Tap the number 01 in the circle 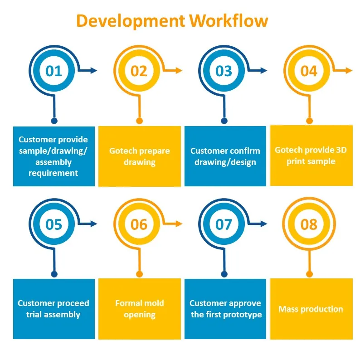tap(54, 71)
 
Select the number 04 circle tap(309, 71)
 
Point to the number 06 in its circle tap(139, 224)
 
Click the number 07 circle tap(224, 224)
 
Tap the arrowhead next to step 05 tap(94, 224)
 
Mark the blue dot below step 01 tap(54, 121)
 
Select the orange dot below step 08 tap(309, 274)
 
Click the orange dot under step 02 tap(140, 121)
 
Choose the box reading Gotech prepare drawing tap(139, 156)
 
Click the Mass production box tap(311, 309)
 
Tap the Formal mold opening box tap(139, 309)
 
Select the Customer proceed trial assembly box tap(54, 309)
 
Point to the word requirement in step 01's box tap(54, 173)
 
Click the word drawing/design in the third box tap(225, 162)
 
